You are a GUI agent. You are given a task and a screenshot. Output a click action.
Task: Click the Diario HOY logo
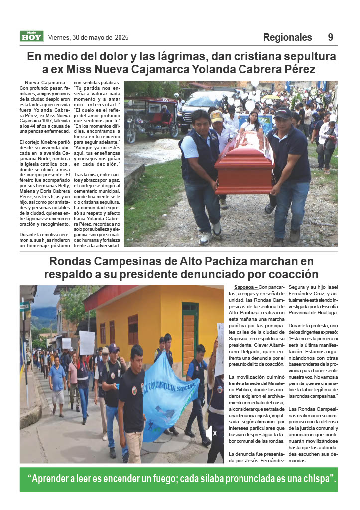click(x=31, y=36)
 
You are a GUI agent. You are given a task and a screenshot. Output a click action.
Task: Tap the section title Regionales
click(x=287, y=37)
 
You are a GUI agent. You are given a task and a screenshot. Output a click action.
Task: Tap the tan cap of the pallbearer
click(x=217, y=116)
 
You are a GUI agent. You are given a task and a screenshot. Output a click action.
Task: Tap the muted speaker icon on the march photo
click(x=211, y=433)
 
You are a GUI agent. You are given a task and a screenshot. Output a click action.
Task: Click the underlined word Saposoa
click(x=244, y=287)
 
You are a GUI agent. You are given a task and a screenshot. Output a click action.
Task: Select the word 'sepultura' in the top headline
click(x=308, y=56)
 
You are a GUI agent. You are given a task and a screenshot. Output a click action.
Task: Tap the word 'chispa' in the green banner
click(x=317, y=479)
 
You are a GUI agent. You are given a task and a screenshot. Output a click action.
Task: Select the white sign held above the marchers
click(x=87, y=343)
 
